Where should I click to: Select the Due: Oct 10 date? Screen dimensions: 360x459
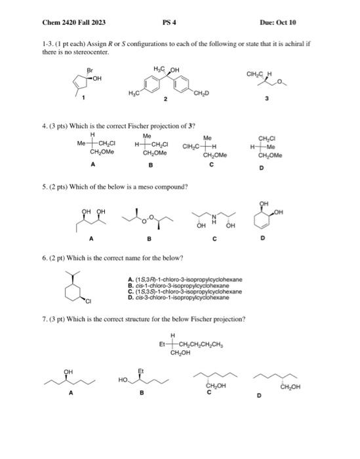pos(278,22)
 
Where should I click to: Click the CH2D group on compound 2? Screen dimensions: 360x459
pos(201,98)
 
